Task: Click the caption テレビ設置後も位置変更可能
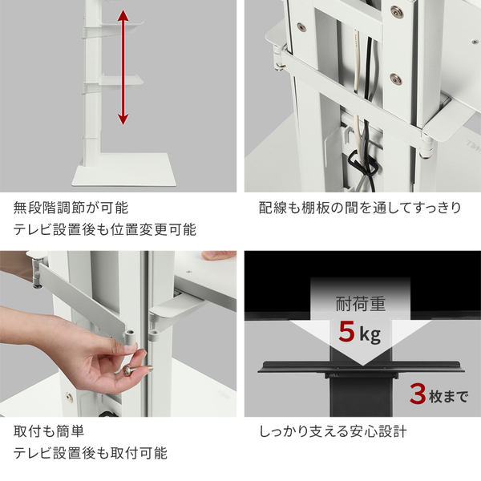(104, 230)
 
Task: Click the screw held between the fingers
(127, 371)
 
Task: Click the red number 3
(417, 394)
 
